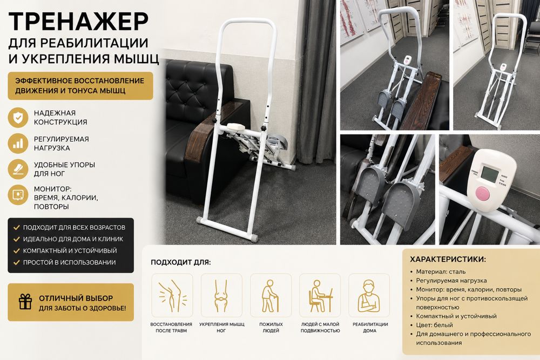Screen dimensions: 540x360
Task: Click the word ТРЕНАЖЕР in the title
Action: (x=78, y=22)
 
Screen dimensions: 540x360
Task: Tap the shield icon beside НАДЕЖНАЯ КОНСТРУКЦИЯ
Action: (x=18, y=117)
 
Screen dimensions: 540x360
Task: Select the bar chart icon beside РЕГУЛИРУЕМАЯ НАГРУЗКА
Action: (x=18, y=143)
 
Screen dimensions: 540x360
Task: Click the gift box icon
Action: (x=25, y=302)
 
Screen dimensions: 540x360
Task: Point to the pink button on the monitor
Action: (x=482, y=194)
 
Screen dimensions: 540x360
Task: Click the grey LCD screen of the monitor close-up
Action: (x=489, y=174)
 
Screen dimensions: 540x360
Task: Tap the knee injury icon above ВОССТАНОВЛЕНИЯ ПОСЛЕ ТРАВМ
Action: (x=172, y=296)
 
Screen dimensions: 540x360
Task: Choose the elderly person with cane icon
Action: (x=271, y=296)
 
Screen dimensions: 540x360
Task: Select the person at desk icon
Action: (x=320, y=296)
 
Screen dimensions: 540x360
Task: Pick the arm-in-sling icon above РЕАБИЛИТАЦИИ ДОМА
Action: (x=369, y=296)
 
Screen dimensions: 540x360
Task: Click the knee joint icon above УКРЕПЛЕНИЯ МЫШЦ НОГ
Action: (x=221, y=296)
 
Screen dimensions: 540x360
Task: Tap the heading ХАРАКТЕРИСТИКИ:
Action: (x=448, y=260)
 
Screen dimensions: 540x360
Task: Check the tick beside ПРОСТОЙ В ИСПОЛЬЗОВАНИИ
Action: (x=16, y=262)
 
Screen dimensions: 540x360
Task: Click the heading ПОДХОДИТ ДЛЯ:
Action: (x=181, y=262)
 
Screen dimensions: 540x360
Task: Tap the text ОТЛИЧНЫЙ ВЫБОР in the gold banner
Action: (x=76, y=298)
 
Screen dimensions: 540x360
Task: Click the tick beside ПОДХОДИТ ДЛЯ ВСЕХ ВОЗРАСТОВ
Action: (x=16, y=227)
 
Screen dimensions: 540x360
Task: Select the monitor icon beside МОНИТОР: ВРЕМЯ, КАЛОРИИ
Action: (x=18, y=195)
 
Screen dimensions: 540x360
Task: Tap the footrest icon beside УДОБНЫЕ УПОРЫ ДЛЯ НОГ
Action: (x=18, y=169)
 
